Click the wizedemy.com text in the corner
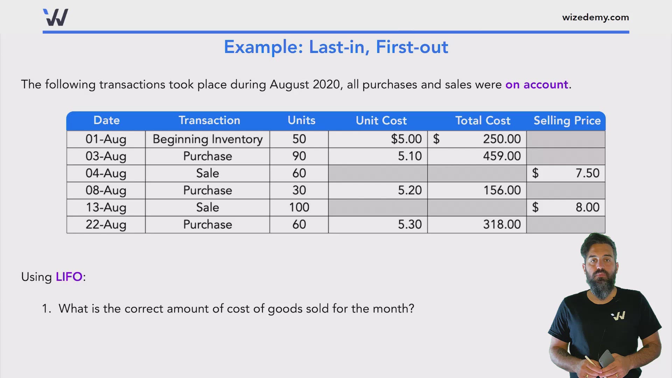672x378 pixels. pos(595,17)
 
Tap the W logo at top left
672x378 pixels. pos(56,17)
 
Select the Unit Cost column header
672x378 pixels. pos(381,121)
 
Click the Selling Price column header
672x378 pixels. pos(567,121)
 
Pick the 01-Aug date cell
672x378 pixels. pos(106,139)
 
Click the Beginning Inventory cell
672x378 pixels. pos(208,139)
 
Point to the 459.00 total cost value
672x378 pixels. pos(502,156)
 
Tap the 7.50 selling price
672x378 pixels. pos(587,173)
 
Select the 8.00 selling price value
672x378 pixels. pos(587,207)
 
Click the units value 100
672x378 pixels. pos(299,207)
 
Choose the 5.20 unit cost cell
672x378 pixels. pos(409,190)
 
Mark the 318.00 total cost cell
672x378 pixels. pos(502,224)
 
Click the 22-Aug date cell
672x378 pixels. pos(106,224)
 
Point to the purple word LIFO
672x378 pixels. pos(69,277)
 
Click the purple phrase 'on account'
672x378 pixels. pos(537,85)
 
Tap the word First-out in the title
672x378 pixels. pos(412,47)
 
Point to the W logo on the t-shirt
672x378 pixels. pos(618,316)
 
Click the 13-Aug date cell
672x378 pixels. pos(106,207)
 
